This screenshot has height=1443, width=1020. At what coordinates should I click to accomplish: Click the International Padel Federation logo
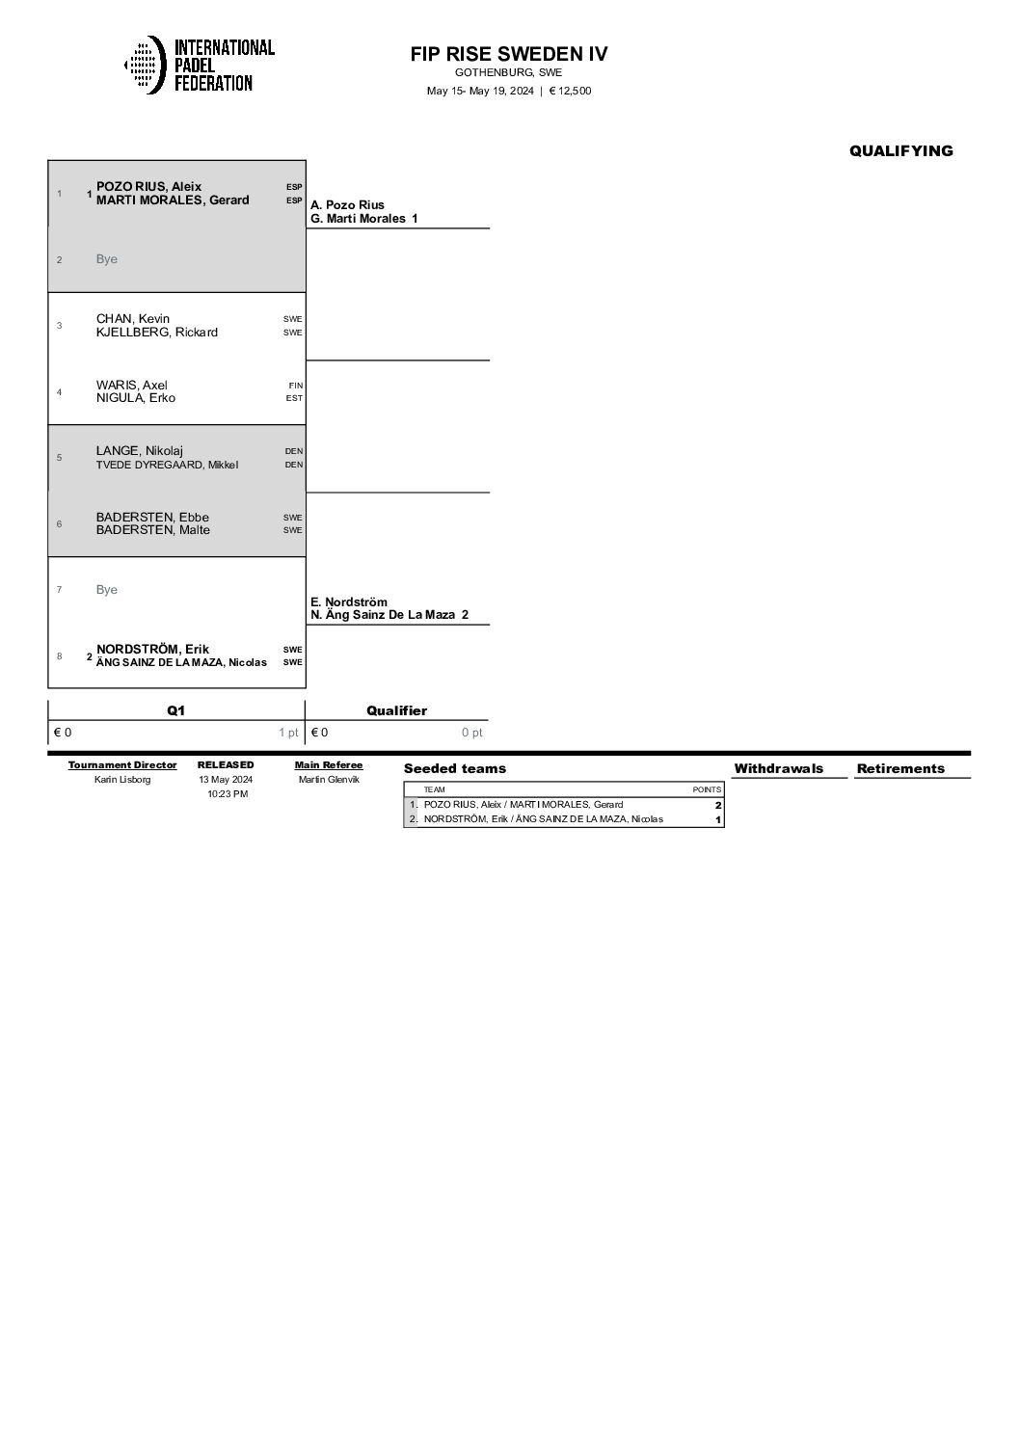click(x=200, y=66)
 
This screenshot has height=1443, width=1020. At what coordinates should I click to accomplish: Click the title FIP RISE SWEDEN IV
click(x=509, y=54)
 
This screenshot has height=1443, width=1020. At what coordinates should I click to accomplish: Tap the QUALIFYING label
click(x=900, y=150)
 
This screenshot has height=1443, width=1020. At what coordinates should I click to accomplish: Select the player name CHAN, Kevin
click(x=133, y=319)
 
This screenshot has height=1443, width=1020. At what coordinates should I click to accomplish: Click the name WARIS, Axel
click(x=132, y=386)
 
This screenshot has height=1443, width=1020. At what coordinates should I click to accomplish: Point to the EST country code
click(x=294, y=398)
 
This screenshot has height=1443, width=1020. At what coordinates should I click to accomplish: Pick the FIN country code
click(x=295, y=386)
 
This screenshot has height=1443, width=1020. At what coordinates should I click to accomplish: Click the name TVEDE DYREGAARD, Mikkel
click(x=167, y=465)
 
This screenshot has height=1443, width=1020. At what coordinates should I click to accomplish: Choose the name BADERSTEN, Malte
click(x=152, y=530)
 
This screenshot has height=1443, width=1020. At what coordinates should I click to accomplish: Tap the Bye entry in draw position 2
click(x=107, y=259)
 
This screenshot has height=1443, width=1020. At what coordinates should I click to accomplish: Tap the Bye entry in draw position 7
click(x=107, y=590)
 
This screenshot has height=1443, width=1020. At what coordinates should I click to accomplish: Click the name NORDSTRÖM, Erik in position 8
click(x=153, y=649)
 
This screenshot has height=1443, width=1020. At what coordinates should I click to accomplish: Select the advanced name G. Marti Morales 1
click(x=364, y=219)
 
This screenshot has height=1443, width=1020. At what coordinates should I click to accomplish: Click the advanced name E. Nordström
click(x=349, y=602)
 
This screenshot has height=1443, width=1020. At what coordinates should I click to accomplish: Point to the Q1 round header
click(x=175, y=710)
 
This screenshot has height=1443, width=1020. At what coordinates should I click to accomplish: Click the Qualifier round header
click(x=396, y=710)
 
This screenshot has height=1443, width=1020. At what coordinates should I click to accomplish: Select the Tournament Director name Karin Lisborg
click(x=122, y=780)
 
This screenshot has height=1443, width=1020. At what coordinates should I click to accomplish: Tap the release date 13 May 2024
click(x=226, y=780)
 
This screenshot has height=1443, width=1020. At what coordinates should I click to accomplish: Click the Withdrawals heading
click(x=778, y=768)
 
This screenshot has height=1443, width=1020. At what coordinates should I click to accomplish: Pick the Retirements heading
click(x=900, y=768)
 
